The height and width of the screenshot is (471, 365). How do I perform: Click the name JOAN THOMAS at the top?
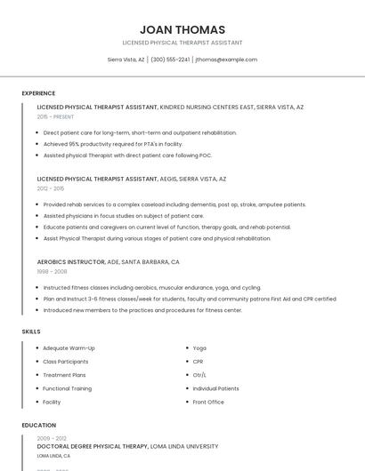[x=182, y=29]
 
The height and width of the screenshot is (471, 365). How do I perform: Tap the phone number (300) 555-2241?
[x=170, y=60]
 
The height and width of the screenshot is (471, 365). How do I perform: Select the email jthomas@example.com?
[x=226, y=60]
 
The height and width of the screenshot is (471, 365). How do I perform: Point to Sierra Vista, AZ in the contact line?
[x=126, y=60]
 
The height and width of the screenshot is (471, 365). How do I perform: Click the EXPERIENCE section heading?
[x=38, y=93]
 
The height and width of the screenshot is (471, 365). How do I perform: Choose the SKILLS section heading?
[x=31, y=331]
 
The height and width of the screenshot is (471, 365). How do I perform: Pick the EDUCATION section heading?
[x=39, y=425]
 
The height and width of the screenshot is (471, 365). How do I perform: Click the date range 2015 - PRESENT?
[x=56, y=116]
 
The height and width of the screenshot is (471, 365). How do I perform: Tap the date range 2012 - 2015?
[x=51, y=188]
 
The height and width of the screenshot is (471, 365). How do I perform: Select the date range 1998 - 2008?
[x=52, y=272]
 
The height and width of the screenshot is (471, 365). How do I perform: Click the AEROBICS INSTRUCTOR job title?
[x=71, y=262]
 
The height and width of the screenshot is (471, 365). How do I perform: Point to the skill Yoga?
[x=199, y=347]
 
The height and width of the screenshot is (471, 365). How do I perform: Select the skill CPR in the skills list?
[x=199, y=362]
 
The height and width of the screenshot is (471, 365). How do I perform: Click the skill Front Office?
[x=208, y=402]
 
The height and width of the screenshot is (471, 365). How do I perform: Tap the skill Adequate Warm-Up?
[x=69, y=347]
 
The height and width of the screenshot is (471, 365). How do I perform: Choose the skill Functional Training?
[x=67, y=388]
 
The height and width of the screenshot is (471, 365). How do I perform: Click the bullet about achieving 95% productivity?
[x=112, y=143]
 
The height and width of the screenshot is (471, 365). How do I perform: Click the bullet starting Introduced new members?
[x=142, y=310]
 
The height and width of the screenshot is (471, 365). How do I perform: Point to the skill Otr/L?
[x=200, y=375]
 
